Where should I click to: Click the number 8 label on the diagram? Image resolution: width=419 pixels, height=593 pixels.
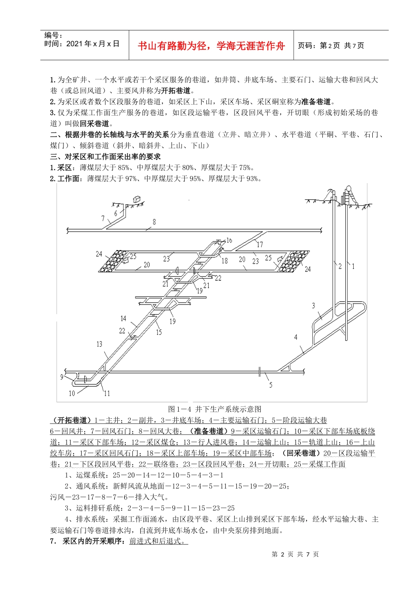tap(154, 222)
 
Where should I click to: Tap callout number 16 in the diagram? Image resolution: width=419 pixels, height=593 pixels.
tap(229, 240)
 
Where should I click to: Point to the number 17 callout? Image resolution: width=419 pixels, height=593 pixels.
tap(260, 244)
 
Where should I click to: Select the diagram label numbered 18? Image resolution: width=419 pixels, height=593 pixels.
tap(224, 261)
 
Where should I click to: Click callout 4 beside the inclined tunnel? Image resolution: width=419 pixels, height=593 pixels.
tap(296, 337)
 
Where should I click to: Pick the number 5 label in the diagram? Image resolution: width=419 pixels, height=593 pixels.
tap(271, 385)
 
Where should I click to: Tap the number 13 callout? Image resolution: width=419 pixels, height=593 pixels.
tap(99, 344)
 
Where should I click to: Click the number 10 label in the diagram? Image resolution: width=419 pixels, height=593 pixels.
tap(72, 393)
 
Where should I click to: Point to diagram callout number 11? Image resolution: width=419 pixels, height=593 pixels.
tap(107, 393)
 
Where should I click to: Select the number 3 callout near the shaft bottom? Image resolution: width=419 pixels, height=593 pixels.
tap(314, 305)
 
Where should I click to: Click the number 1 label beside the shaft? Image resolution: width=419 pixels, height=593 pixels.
tap(353, 266)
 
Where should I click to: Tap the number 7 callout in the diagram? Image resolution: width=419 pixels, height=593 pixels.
tap(103, 218)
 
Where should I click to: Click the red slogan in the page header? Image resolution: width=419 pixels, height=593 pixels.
tap(211, 46)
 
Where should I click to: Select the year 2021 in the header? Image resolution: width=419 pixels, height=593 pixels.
tap(74, 44)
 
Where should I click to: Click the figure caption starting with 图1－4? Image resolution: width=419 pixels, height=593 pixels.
tap(215, 409)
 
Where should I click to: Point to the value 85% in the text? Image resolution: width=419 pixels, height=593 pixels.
tap(124, 168)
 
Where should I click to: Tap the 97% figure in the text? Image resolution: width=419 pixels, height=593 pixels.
tap(131, 179)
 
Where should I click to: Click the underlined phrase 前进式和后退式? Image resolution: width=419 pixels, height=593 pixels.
tap(158, 541)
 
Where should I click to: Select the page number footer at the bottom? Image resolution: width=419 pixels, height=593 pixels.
tap(295, 554)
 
